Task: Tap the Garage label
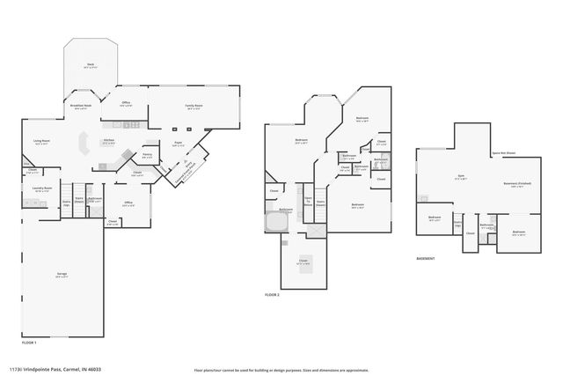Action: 62,275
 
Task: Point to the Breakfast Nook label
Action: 81,107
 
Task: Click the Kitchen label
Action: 109,141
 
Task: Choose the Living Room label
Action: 40,142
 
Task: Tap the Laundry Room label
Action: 42,188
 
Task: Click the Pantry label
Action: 148,156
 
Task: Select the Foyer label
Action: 178,144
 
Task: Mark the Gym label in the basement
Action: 460,177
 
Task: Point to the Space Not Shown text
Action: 503,152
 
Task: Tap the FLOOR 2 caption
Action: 273,294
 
